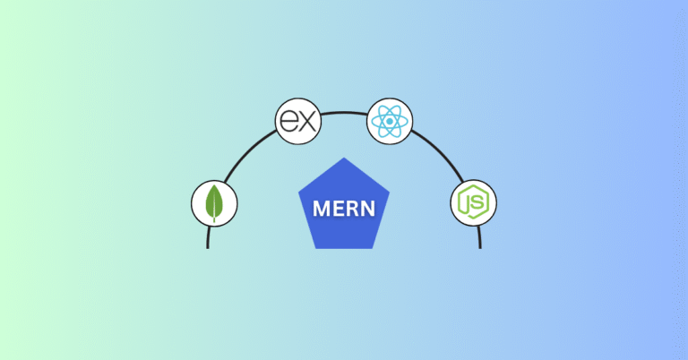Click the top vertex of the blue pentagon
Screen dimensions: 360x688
[x=344, y=158]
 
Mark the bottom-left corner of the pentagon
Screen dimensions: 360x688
[x=314, y=248]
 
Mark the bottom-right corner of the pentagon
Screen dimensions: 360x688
[x=374, y=248]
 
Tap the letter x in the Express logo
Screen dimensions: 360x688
[x=307, y=123]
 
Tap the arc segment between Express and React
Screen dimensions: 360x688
[x=344, y=112]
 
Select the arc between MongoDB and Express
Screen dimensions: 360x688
[x=246, y=150]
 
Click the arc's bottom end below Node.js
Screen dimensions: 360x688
[x=479, y=244]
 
